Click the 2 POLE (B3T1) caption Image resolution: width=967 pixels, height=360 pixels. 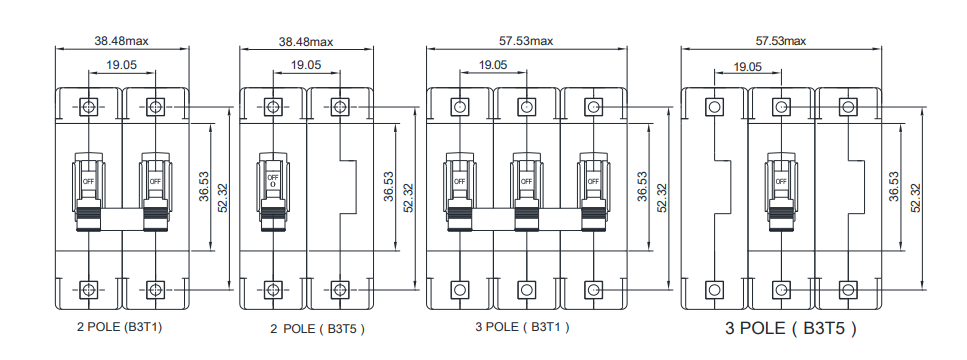(120, 327)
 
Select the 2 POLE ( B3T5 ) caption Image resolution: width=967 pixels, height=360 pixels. (318, 329)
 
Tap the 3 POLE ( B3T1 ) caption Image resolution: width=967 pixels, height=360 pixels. (522, 327)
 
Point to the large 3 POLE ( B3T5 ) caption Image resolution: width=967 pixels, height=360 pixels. (791, 328)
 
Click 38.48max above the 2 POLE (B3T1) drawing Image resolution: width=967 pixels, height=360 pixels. (121, 41)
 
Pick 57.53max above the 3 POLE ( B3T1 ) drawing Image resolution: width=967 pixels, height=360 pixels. (526, 41)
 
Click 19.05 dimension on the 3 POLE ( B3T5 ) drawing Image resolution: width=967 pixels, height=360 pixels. (747, 67)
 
